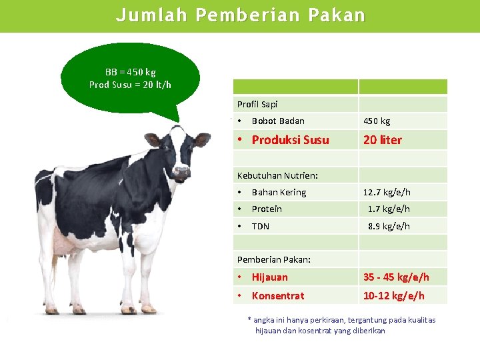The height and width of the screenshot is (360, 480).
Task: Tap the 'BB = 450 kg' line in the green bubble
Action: click(x=131, y=72)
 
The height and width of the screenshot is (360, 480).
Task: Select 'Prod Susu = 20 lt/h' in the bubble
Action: click(x=131, y=85)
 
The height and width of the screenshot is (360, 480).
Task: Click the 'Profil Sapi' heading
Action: click(x=257, y=104)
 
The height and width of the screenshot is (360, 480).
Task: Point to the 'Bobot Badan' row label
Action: click(x=278, y=121)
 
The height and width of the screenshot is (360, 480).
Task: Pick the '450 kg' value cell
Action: click(x=377, y=121)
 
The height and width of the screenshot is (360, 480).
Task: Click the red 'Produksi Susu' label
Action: click(x=290, y=140)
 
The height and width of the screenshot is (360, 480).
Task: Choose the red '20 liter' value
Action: click(x=383, y=140)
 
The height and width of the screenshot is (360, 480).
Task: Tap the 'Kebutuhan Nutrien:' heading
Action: click(x=277, y=175)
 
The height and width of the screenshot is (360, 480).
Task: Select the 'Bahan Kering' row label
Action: click(x=279, y=192)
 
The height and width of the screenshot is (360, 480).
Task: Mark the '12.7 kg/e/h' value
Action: click(x=387, y=192)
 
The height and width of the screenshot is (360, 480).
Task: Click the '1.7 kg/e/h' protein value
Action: click(x=389, y=209)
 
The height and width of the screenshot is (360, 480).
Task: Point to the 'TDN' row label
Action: click(x=261, y=226)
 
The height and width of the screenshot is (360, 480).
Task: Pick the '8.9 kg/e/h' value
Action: click(x=389, y=226)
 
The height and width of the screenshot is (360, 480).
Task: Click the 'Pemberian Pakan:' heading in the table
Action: click(x=273, y=259)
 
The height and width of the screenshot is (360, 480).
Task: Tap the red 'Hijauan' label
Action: click(x=270, y=277)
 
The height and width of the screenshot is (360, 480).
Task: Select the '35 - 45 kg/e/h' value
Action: click(x=396, y=277)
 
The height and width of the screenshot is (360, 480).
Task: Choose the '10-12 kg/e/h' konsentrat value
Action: click(x=393, y=295)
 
